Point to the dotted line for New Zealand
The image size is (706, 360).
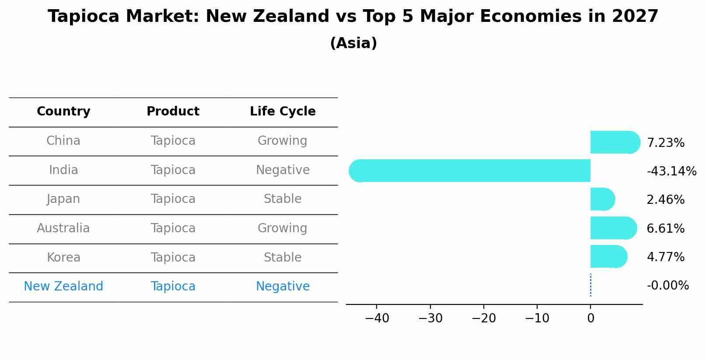click(591, 285)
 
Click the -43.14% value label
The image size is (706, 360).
click(671, 171)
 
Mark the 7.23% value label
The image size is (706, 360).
click(665, 143)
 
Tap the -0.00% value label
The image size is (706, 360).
click(668, 286)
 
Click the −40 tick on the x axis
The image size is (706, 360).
click(377, 318)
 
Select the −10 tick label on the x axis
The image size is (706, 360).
click(537, 318)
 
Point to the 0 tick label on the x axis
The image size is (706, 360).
click(591, 318)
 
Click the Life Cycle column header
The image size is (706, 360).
click(283, 112)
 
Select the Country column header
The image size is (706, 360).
click(63, 112)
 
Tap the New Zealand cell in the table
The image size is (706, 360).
click(63, 287)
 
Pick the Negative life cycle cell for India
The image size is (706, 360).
click(283, 170)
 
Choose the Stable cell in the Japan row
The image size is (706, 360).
click(283, 199)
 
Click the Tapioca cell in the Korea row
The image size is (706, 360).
click(173, 257)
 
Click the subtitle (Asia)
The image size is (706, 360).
click(353, 43)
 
